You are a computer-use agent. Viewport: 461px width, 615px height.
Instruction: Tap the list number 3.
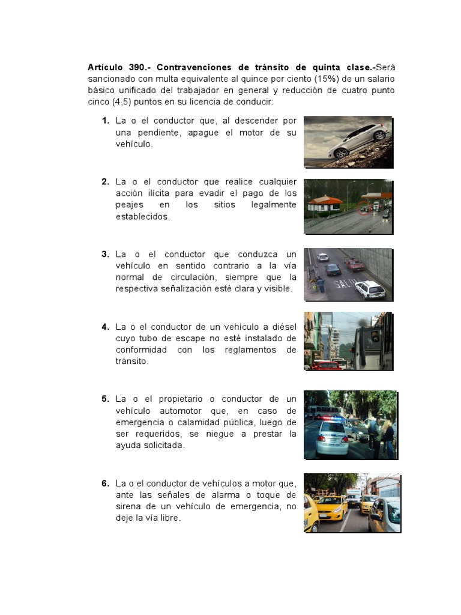click(x=105, y=254)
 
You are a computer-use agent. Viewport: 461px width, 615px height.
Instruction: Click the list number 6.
click(x=105, y=483)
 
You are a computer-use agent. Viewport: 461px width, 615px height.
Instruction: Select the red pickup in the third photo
click(x=354, y=264)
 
